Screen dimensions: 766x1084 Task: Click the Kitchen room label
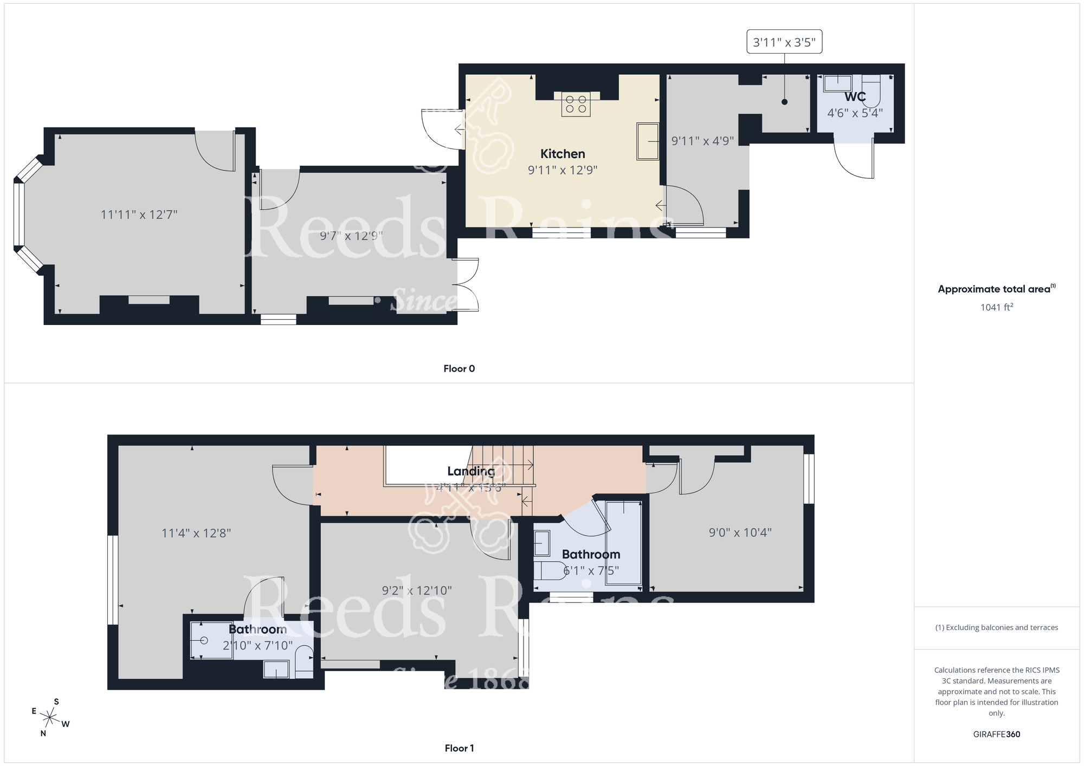point(563,154)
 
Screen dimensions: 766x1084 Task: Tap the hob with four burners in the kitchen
point(576,104)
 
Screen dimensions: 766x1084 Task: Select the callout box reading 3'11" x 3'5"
point(784,42)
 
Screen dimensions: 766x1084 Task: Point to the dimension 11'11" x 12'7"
point(139,215)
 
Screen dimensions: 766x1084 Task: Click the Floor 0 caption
point(459,369)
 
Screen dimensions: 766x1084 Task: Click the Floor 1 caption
point(459,748)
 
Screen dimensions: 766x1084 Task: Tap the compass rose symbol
point(50,718)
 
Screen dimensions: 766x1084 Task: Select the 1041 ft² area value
point(996,307)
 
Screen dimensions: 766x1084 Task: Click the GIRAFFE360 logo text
point(996,734)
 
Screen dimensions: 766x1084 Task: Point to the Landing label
point(470,471)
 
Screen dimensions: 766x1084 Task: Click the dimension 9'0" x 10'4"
point(740,533)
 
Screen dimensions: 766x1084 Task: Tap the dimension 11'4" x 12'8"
point(196,533)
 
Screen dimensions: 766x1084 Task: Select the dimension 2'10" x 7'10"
point(257,646)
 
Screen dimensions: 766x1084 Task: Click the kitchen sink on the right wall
point(647,141)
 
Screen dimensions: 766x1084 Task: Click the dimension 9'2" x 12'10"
point(417,590)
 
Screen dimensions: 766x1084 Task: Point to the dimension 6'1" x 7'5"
point(591,570)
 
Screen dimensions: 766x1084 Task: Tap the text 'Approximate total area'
point(994,289)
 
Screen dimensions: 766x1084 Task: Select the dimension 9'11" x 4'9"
point(702,141)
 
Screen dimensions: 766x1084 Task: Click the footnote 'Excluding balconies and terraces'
point(996,627)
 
